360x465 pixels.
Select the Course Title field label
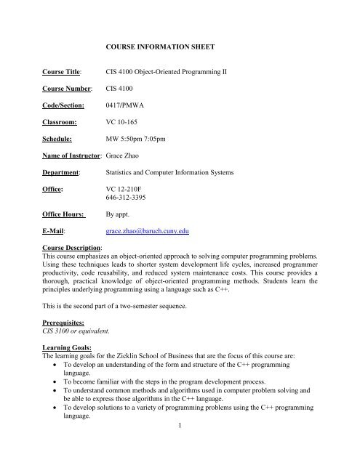click(x=60, y=73)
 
